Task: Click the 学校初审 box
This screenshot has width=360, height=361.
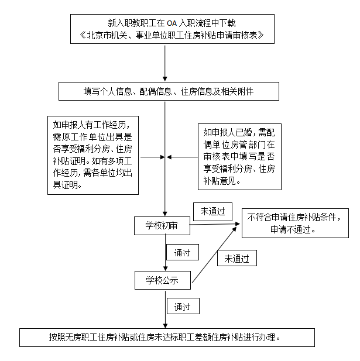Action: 162,225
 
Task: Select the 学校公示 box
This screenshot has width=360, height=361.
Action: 163,280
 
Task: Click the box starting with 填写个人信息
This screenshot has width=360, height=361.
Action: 168,92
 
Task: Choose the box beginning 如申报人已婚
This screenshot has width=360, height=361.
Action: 239,156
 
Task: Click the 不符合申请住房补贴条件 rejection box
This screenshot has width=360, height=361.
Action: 293,223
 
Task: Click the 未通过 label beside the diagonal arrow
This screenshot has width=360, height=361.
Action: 236,257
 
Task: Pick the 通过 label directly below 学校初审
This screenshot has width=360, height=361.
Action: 182,253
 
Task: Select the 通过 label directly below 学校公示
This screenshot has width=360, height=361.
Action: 182,306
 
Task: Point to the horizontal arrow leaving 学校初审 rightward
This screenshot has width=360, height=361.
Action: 214,224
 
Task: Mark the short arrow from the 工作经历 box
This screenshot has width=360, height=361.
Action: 151,157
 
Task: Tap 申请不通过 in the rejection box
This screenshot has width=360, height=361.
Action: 293,229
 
